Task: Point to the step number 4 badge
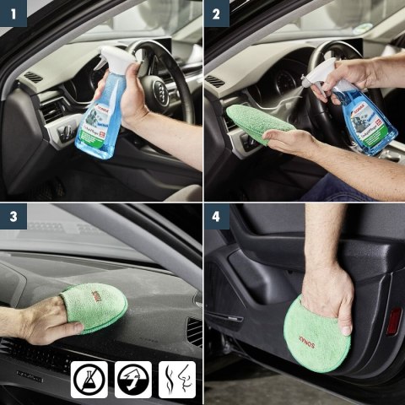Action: pyautogui.click(x=215, y=215)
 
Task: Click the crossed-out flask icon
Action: pyautogui.click(x=90, y=379)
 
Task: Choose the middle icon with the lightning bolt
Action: pyautogui.click(x=132, y=379)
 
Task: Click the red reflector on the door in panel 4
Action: pyautogui.click(x=393, y=321)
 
